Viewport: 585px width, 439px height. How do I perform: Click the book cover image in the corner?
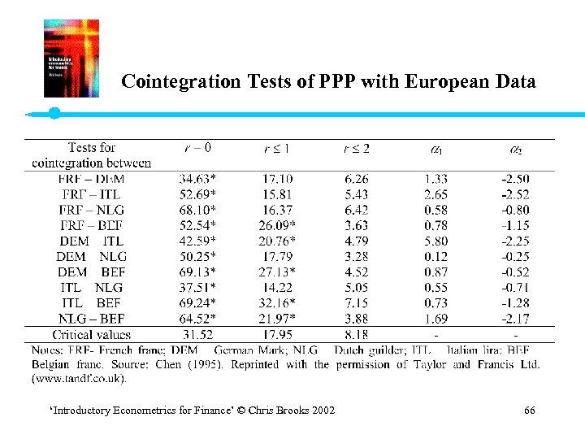point(71,59)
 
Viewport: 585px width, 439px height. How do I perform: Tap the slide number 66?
point(530,411)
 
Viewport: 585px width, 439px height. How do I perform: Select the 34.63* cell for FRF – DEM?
point(196,179)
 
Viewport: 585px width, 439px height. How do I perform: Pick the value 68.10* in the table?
point(196,210)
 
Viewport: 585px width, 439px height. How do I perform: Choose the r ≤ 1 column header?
point(278,148)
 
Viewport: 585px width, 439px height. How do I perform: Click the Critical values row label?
point(91,335)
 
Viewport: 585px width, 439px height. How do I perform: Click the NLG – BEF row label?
point(91,319)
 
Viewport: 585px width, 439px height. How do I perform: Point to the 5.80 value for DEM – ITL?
point(435,241)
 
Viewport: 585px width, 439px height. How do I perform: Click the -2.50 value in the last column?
point(515,179)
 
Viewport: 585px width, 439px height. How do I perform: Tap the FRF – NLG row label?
point(91,210)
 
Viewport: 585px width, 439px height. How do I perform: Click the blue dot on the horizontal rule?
point(54,114)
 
